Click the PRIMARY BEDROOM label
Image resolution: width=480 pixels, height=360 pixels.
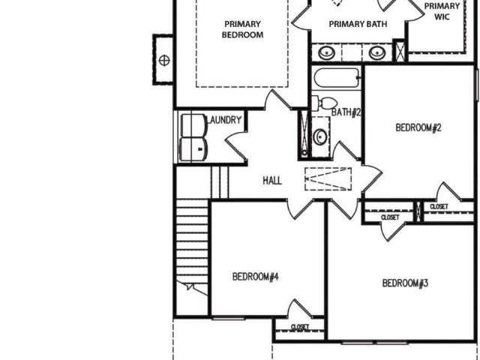coord(242,29)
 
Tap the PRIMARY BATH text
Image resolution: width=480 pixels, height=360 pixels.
coord(358,24)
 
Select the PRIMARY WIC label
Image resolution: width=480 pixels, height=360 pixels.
coord(442,11)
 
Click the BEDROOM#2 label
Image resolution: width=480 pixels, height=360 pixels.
coord(418,127)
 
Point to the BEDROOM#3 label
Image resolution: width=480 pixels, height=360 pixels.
coord(405,283)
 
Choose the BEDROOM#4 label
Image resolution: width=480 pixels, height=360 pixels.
coord(255,277)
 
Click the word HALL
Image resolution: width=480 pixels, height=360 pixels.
coord(272,180)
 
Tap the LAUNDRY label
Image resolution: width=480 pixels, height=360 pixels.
coord(225,120)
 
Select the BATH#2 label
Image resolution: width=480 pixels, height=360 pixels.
coord(346,112)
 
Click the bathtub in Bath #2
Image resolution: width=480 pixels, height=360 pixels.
coord(337,78)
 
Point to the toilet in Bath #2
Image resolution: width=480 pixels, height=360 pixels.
coord(325,103)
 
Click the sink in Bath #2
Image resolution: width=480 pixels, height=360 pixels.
coord(320,136)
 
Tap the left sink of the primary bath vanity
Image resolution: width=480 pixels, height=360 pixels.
coord(327,52)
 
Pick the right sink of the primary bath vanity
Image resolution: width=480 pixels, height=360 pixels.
coord(377,52)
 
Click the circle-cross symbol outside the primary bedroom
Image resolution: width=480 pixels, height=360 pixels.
coord(164,60)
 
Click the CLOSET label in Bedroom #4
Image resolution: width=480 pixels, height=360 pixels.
coord(300,327)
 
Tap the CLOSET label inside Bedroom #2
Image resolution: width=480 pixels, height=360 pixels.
coord(439,207)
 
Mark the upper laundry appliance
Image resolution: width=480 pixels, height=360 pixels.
coord(193,125)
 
